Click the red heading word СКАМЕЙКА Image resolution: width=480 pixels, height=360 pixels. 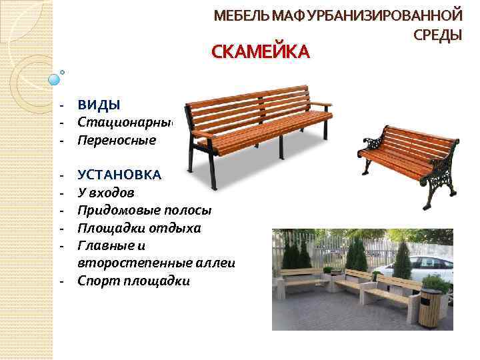pyautogui.click(x=261, y=52)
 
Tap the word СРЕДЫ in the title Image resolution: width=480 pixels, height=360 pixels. pyautogui.click(x=437, y=35)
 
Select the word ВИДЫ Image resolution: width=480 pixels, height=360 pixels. pyautogui.click(x=99, y=105)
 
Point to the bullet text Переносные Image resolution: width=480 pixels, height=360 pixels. pyautogui.click(x=116, y=141)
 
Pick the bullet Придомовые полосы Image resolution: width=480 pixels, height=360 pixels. pyautogui.click(x=144, y=211)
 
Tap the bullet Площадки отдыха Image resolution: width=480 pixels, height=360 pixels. pyautogui.click(x=139, y=229)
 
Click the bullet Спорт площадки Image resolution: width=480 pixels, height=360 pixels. pyautogui.click(x=133, y=281)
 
